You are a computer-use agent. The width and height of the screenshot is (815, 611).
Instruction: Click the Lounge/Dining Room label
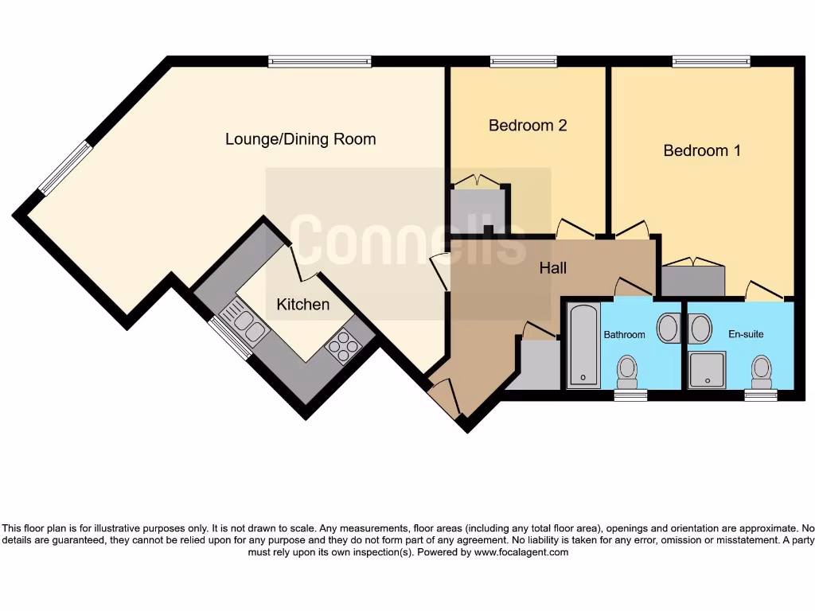pos(300,139)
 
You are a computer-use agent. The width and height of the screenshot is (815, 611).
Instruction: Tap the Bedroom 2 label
pos(527,125)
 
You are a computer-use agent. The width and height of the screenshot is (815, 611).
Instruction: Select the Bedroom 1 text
pos(702,150)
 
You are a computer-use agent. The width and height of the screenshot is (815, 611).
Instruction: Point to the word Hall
pos(552,268)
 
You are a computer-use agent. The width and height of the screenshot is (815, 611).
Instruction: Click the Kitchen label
pos(302,305)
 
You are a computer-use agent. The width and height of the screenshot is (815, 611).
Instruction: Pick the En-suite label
pos(746,334)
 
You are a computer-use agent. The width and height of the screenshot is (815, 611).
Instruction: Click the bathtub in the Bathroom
pos(584,345)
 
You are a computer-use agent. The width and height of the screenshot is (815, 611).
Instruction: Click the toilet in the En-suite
pos(762,368)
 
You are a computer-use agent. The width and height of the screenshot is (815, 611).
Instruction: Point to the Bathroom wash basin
pos(669,327)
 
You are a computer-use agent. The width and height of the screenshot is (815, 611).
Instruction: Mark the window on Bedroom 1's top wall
pos(711,60)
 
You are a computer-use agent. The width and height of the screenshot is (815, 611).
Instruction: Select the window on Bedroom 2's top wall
pos(524,60)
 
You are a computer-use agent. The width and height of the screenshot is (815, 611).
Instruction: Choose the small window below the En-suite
pos(761,395)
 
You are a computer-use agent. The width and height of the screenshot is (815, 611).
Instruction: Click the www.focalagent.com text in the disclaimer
pos(521,552)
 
